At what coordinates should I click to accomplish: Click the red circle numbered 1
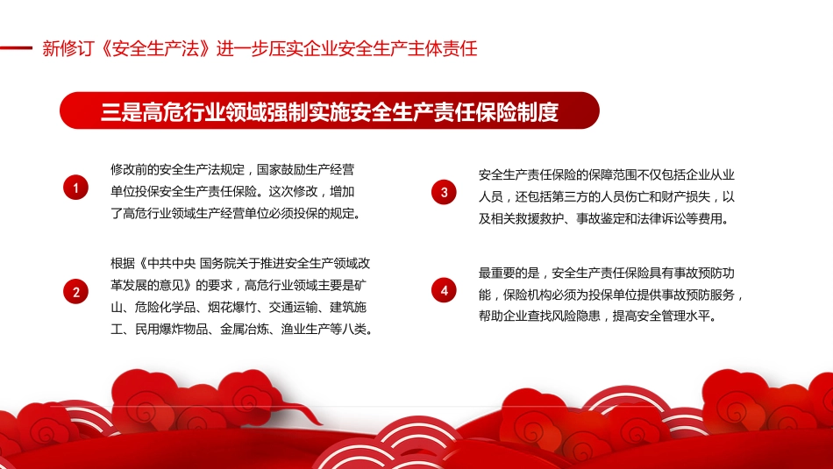click(x=76, y=188)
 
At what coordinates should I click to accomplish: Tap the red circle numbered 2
click(x=76, y=293)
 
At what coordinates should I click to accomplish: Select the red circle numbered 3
click(x=445, y=192)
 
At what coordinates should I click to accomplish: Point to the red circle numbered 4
click(x=445, y=290)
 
